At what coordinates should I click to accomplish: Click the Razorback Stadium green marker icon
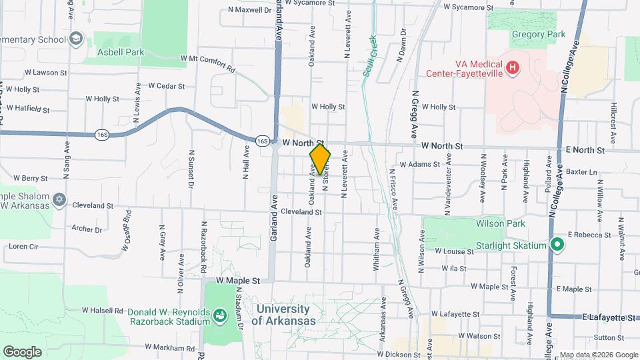[219, 313]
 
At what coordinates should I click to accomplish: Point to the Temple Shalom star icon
[59, 199]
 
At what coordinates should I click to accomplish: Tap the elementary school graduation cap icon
[76, 39]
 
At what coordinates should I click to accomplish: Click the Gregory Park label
[538, 35]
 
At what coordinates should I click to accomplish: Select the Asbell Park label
[120, 52]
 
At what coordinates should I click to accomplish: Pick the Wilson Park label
[501, 224]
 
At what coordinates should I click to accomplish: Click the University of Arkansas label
[283, 315]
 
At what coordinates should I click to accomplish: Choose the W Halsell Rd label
[103, 310]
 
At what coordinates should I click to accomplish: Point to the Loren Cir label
[24, 246]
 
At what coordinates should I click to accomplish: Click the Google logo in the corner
[22, 351]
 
